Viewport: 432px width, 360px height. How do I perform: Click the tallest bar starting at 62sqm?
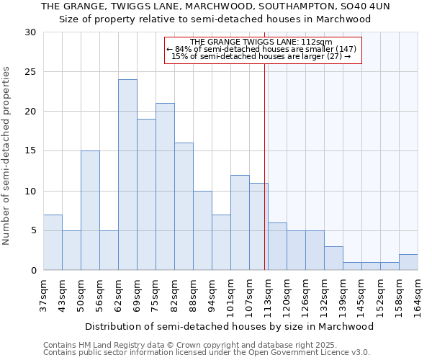pos(127,175)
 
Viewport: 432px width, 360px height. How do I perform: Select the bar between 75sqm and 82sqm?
pos(165,186)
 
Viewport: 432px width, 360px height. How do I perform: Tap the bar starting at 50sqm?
pos(90,210)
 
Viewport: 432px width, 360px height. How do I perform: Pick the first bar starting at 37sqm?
pos(53,242)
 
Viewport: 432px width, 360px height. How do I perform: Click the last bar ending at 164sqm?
pos(408,262)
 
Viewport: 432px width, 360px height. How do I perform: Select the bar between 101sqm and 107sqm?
pos(240,222)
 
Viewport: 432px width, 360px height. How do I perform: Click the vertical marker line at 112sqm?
pos(264,166)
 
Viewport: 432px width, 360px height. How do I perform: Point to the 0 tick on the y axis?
pos(33,271)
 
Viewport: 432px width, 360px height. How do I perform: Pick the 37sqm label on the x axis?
pos(43,294)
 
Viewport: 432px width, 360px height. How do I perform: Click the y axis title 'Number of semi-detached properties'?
pos(7,156)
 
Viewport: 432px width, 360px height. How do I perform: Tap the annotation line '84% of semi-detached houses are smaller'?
pos(261,49)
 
